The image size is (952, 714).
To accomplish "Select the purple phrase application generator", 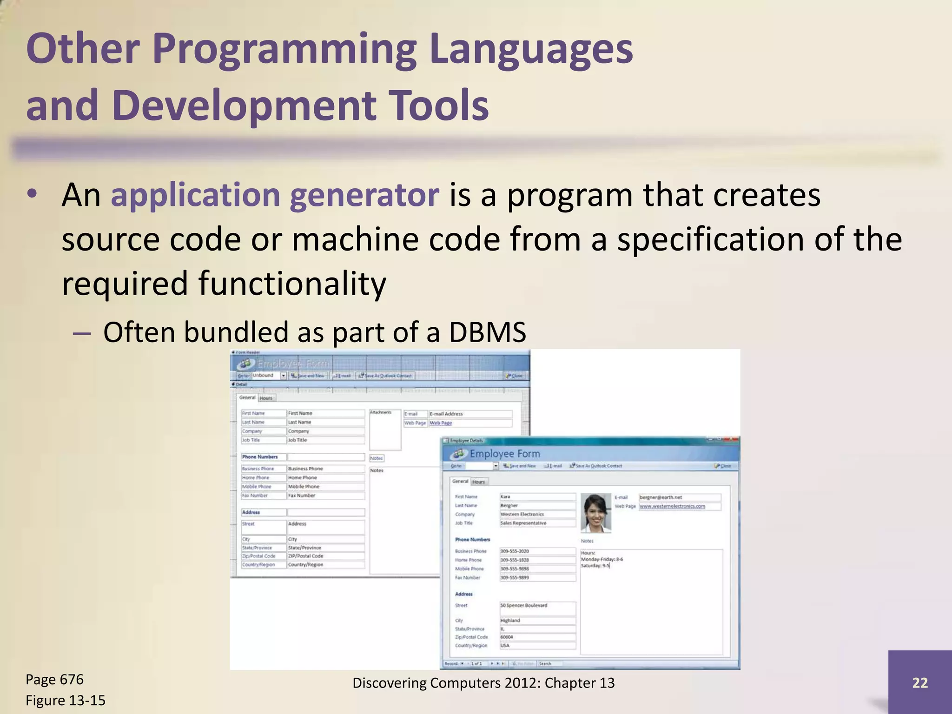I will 275,195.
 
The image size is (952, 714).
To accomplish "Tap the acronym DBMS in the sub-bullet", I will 487,333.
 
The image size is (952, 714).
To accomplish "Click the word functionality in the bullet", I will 292,284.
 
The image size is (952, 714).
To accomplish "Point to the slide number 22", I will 919,682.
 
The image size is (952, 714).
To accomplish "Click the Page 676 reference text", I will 54,680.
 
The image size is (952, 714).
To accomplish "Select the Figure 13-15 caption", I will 66,700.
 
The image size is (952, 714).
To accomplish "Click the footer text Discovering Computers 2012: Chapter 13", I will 483,683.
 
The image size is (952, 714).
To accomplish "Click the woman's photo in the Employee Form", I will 595,512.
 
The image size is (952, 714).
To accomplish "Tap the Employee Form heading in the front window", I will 504,454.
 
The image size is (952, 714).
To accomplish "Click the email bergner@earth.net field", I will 679,497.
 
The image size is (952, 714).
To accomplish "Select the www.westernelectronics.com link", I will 672,506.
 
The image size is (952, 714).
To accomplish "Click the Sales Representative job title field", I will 537,523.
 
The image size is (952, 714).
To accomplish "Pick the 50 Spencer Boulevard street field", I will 537,606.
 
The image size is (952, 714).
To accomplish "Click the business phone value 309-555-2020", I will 537,551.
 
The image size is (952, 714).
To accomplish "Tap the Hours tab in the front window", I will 478,482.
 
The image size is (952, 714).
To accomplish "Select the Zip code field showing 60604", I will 537,637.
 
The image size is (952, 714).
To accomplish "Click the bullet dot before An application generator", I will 32,195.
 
